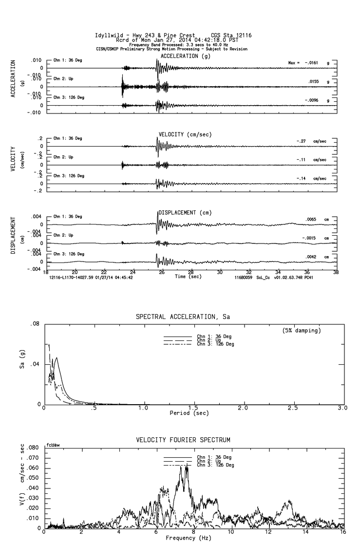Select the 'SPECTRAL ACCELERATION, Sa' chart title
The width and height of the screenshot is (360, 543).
coord(183,317)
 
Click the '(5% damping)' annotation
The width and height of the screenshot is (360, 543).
coord(302,331)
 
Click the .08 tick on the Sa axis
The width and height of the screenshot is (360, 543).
coord(35,324)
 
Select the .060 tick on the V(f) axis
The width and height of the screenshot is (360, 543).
coord(32,468)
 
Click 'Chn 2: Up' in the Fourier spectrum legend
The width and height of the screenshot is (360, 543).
coord(207,461)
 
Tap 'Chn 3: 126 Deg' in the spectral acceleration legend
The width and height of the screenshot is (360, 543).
coord(215,344)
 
